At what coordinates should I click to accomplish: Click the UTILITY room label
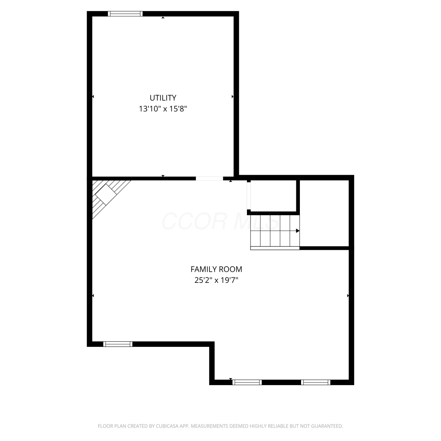pos(163,98)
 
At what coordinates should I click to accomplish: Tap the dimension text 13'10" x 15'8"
pos(163,109)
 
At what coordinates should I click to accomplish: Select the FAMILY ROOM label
pos(216,269)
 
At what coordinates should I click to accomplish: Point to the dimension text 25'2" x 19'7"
pos(216,280)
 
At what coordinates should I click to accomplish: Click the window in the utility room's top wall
pos(125,14)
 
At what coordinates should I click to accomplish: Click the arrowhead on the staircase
pos(298,231)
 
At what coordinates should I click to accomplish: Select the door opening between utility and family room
pos(209,178)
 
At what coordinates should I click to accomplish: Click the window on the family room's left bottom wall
pos(118,344)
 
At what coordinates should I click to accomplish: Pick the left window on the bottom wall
pos(247,382)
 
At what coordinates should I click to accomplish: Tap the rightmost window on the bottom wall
pos(316,382)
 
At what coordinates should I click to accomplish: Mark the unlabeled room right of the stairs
pos(324,213)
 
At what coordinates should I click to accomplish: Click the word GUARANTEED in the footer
pos(328,426)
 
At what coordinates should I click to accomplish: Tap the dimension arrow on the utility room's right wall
pos(233,96)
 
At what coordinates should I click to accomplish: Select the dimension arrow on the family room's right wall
pos(348,295)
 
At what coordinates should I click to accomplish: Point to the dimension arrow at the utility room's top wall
pos(163,18)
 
